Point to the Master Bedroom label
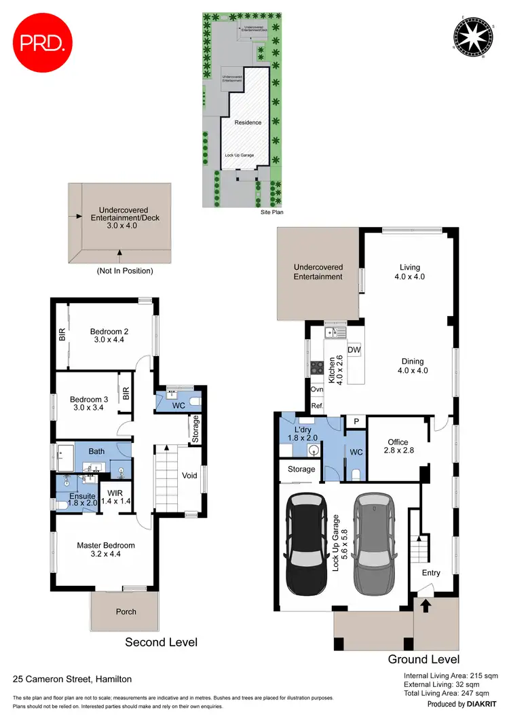pyautogui.click(x=105, y=550)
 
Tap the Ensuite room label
pyautogui.click(x=83, y=500)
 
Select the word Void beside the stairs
pyautogui.click(x=190, y=476)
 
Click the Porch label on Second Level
pyautogui.click(x=126, y=612)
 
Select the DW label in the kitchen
pyautogui.click(x=354, y=349)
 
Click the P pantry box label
pyautogui.click(x=356, y=421)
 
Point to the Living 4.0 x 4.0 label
pyautogui.click(x=407, y=272)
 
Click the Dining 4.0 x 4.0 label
pyautogui.click(x=411, y=366)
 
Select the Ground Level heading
pyautogui.click(x=423, y=659)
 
